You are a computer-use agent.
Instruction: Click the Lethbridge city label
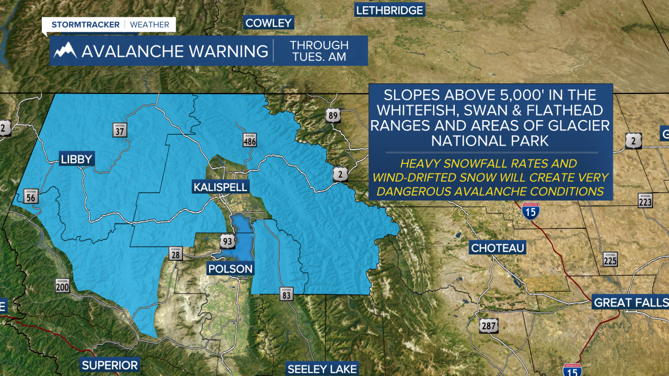(389, 10)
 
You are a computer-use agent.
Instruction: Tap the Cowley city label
(269, 22)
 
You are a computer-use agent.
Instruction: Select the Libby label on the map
(76, 159)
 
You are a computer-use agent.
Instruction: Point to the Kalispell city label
(220, 187)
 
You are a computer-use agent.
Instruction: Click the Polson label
(230, 269)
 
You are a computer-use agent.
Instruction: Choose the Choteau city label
(497, 248)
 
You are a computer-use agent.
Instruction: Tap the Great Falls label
(631, 302)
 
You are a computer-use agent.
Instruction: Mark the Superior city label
(110, 365)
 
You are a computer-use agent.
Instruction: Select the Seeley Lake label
(322, 369)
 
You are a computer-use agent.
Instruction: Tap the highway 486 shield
(249, 139)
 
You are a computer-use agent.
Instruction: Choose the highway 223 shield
(645, 201)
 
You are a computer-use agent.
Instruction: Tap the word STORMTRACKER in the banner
(85, 25)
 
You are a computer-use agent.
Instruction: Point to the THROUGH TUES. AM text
(320, 51)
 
